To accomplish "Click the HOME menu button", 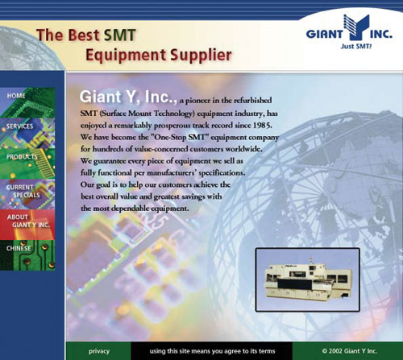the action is click(27, 102).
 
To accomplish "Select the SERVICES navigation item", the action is click(27, 133).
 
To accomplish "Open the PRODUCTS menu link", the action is click(27, 163).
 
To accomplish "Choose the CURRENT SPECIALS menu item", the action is click(27, 194).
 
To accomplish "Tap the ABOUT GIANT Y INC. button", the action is click(27, 225).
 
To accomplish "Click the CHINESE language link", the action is click(27, 255).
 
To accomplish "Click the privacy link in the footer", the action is click(99, 351).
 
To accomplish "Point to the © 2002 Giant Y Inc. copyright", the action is click(349, 351).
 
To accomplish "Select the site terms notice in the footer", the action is click(212, 351).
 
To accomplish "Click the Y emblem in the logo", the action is click(356, 27).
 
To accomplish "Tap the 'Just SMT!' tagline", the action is click(356, 46).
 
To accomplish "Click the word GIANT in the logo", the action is click(325, 35).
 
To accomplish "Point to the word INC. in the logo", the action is click(381, 35).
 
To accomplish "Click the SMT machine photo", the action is click(308, 279).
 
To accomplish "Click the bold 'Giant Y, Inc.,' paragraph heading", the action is click(128, 97).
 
